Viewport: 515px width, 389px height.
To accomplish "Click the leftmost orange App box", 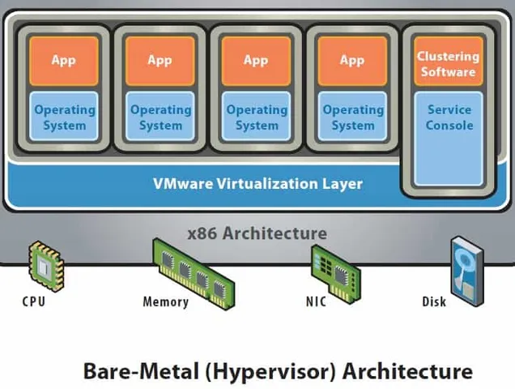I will pos(63,61).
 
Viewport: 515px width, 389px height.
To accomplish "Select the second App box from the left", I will pos(160,61).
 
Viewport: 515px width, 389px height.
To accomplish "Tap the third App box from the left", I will pos(256,61).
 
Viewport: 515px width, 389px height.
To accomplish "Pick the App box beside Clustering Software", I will pos(352,61).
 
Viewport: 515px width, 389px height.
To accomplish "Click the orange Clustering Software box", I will pos(447,63).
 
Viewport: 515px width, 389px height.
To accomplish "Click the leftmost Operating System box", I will pos(63,117).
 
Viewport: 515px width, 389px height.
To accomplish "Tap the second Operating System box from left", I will pos(160,117).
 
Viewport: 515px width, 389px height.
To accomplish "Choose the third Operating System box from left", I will pos(256,117).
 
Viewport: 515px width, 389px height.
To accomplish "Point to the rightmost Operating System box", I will pos(352,117).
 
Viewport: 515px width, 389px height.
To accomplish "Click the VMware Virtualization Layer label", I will pos(257,183).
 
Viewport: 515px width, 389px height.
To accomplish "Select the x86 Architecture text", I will pos(257,233).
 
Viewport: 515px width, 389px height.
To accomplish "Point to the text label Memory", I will pos(165,302).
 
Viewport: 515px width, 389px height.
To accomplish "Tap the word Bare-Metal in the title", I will pos(134,372).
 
